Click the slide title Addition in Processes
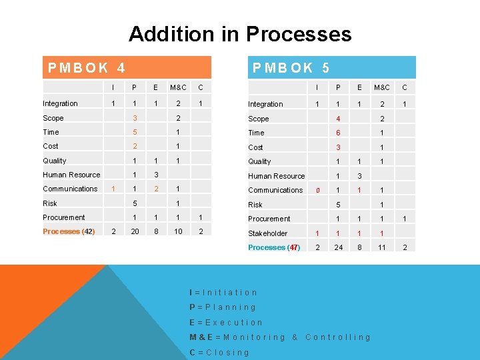point(240,33)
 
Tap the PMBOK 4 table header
point(87,67)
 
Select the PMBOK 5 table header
point(290,67)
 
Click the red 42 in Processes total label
point(87,231)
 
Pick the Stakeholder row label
point(267,233)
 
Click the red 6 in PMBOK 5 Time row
point(338,133)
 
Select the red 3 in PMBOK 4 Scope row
point(134,118)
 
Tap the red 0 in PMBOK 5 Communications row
point(318,190)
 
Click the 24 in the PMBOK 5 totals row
point(338,247)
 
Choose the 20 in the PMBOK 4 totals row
point(134,231)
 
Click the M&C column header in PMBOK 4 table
point(178,87)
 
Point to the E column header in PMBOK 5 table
point(359,87)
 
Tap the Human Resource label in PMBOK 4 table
point(71,175)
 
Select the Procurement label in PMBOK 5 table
point(269,219)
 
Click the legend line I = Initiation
point(223,292)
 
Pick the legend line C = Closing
point(219,352)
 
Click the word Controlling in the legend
point(337,337)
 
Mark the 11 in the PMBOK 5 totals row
point(382,247)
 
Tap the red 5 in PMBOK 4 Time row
point(134,132)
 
